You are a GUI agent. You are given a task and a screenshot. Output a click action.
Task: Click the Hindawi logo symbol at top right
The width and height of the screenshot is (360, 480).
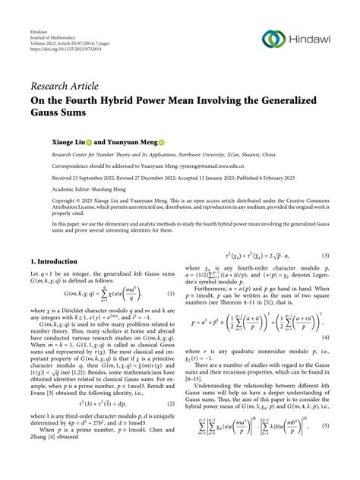coord(273,39)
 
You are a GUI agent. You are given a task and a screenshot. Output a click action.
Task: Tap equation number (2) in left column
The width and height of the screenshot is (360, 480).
coord(172,428)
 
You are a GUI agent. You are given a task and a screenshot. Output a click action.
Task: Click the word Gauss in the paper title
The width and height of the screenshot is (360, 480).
coord(49,114)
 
